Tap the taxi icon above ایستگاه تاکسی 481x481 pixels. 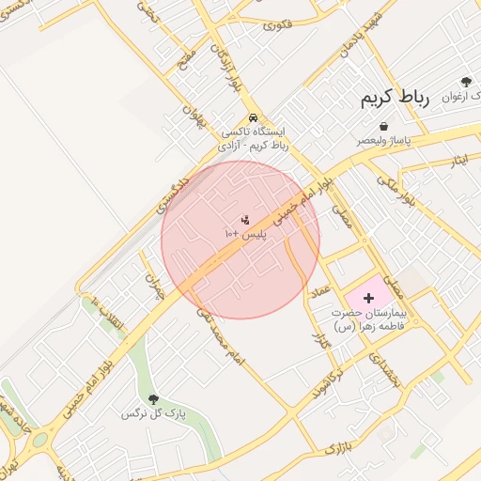point(252,118)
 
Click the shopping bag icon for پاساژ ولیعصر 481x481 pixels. point(383,126)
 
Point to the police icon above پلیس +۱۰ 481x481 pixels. point(245,220)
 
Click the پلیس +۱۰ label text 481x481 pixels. point(245,232)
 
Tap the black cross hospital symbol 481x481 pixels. point(367,298)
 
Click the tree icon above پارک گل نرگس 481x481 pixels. point(154,399)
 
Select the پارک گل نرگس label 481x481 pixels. point(155,413)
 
